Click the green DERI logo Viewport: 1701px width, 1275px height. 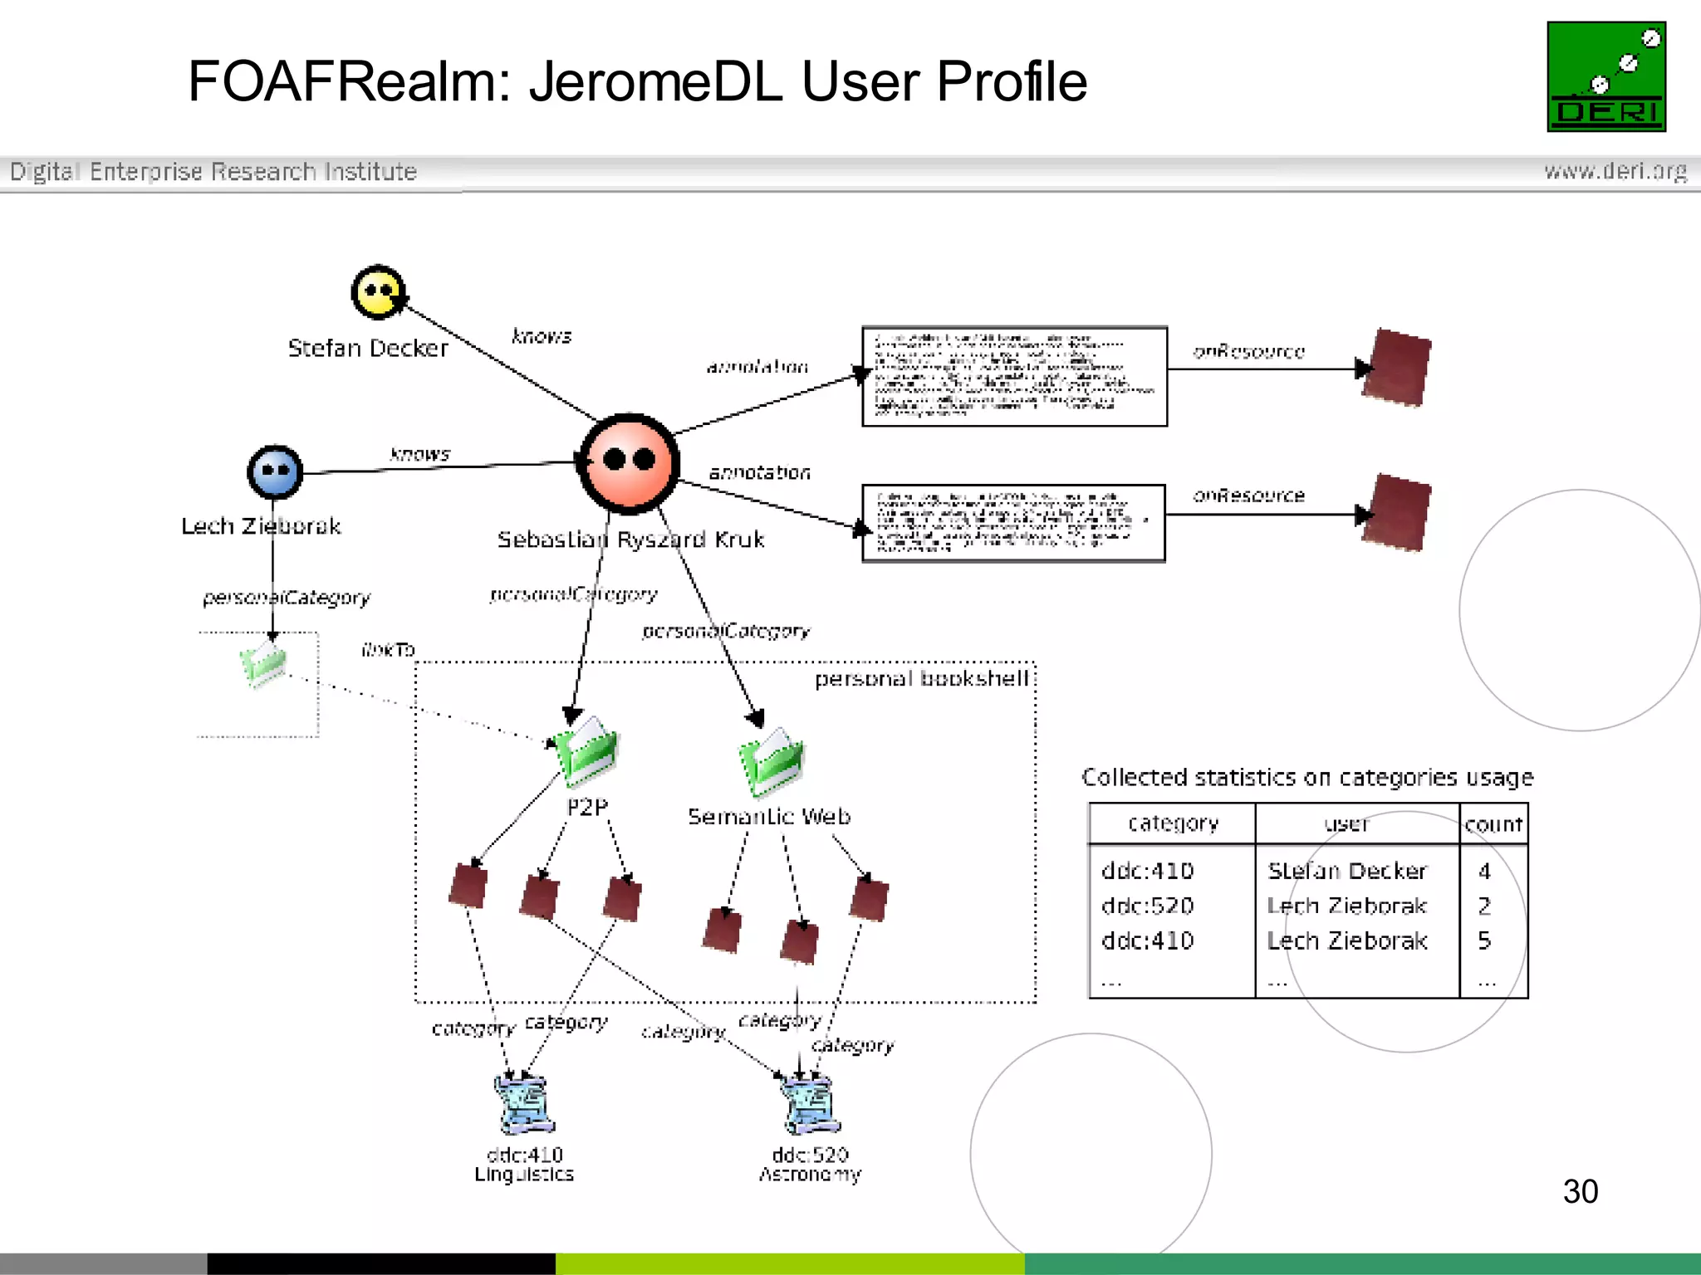1605,76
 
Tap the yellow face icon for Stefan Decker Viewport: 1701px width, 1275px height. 378,292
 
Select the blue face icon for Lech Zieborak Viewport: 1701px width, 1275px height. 275,471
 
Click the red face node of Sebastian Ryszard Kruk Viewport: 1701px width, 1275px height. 629,462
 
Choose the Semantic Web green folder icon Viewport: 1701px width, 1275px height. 772,762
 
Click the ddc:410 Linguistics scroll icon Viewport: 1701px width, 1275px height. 524,1104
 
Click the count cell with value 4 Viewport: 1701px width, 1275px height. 1484,871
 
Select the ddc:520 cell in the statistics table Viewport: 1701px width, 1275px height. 1147,906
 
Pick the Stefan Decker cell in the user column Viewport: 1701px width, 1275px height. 1346,871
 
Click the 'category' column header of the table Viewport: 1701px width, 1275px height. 1173,823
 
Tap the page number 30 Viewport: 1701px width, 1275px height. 1580,1191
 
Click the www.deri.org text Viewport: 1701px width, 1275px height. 1615,171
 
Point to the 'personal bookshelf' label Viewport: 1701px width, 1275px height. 921,679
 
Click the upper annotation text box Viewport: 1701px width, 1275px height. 1014,376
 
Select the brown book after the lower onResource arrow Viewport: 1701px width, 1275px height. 1397,512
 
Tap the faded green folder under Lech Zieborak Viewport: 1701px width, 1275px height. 264,664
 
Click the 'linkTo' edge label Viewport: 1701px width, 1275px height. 388,649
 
